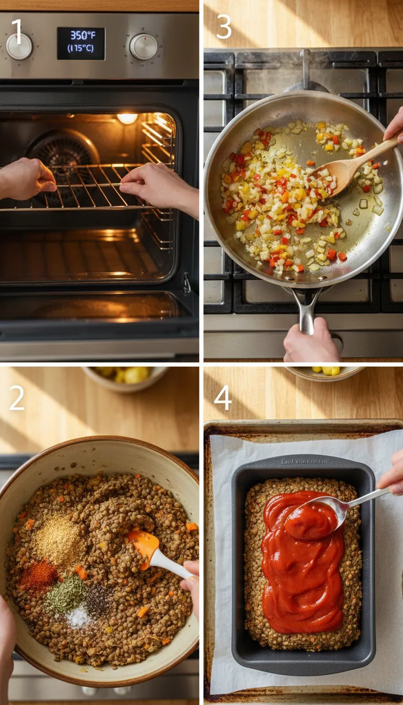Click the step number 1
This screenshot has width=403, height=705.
tap(17, 31)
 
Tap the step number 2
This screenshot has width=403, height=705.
tap(17, 399)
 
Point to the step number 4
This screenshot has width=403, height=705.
tap(222, 398)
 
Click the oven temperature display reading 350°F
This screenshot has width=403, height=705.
tap(81, 43)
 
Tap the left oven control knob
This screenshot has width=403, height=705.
tap(19, 47)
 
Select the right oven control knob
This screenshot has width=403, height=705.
tap(143, 47)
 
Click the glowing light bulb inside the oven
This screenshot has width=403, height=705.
tap(127, 119)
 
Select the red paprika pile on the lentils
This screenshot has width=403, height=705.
tap(38, 575)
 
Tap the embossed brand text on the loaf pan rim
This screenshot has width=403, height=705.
tap(303, 462)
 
